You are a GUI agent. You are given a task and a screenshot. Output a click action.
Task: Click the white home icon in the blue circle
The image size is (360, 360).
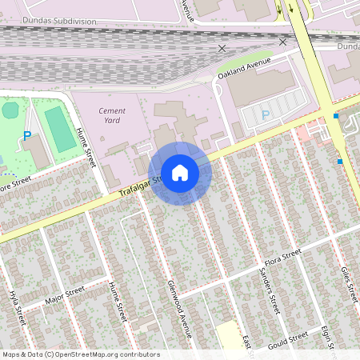pos(179,172)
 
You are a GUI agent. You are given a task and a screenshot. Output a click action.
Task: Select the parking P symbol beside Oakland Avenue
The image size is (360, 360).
pos(266,115)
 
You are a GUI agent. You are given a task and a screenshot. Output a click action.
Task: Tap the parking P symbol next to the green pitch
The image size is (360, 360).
pos(26,136)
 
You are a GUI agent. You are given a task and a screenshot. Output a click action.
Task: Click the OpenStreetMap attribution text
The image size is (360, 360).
pos(81,354)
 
